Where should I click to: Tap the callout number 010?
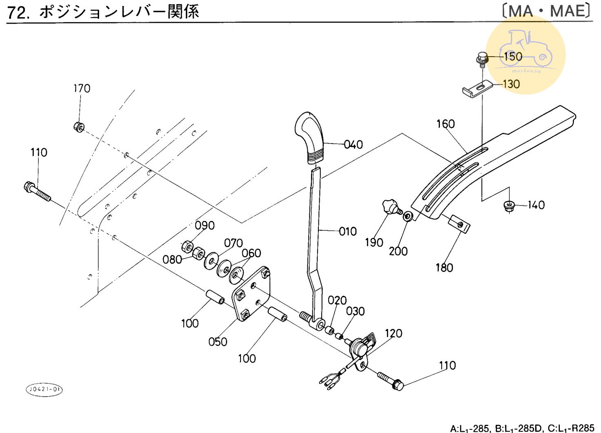coord(348,232)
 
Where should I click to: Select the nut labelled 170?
coord(79,126)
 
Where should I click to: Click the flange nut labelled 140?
coord(508,205)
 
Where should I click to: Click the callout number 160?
coord(445,124)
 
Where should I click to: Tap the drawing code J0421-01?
coord(44,389)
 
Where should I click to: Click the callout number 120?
coord(393,334)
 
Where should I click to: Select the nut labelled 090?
coord(188,246)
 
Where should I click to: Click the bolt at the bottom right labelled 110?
coord(390,380)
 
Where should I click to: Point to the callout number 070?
coord(233,243)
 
